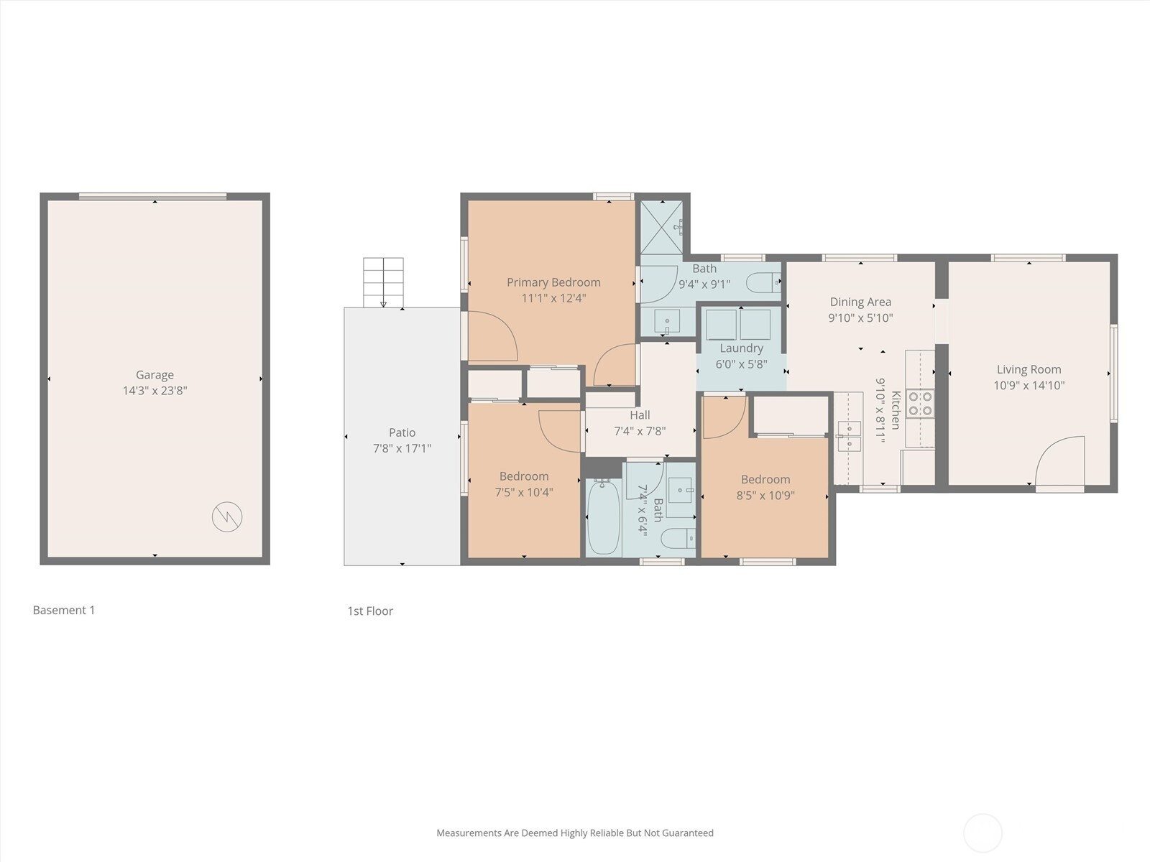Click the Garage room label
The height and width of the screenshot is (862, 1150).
(x=155, y=375)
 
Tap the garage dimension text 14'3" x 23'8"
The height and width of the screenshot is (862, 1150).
(x=155, y=391)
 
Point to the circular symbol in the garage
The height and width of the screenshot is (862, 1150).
(x=227, y=516)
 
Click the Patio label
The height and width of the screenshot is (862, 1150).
(x=402, y=432)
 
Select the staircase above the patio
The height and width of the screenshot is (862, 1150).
(x=384, y=282)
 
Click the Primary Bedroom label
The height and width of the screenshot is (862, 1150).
(x=553, y=282)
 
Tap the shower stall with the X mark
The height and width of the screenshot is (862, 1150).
(x=662, y=227)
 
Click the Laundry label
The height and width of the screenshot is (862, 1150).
(x=741, y=348)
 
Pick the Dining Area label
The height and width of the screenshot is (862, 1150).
(x=860, y=302)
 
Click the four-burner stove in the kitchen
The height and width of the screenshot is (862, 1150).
(x=920, y=403)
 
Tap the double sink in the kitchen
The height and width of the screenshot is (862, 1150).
(x=849, y=437)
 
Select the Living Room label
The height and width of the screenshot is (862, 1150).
(x=1029, y=369)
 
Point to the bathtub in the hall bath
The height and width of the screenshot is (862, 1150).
(x=604, y=516)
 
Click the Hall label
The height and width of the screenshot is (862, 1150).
(x=640, y=415)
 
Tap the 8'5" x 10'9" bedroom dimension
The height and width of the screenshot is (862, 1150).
(x=765, y=495)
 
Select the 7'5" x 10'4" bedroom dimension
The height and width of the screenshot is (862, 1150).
(x=524, y=492)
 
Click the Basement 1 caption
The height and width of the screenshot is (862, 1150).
(x=64, y=610)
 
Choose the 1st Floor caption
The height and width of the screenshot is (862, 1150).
(x=370, y=611)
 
